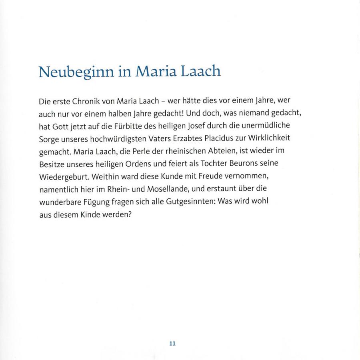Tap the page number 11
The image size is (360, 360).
[172, 343]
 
